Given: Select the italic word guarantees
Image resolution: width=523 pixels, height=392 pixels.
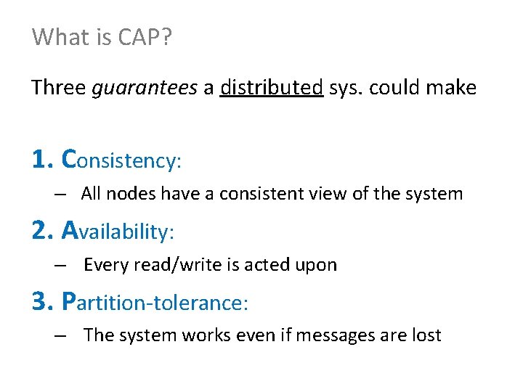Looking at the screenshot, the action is point(145,89).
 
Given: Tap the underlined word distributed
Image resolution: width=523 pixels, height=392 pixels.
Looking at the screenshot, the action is point(272,89).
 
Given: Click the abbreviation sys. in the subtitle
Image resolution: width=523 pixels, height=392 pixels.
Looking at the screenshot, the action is point(346,89).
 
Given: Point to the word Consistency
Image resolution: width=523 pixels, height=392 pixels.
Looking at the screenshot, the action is point(121,160).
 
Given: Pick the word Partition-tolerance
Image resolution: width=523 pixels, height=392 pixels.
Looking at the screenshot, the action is point(155,301).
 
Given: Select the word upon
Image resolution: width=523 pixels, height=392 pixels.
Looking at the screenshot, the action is point(318,265).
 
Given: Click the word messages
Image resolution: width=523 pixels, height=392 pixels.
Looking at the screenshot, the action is point(346,335).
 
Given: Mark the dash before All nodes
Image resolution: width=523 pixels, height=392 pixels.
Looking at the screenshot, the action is point(60,195).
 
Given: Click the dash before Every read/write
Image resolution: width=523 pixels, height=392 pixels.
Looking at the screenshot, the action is point(60,266).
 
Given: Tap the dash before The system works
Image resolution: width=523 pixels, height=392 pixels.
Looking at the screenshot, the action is point(60,336).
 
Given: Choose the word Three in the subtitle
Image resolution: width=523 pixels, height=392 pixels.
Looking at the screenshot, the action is point(58,89).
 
